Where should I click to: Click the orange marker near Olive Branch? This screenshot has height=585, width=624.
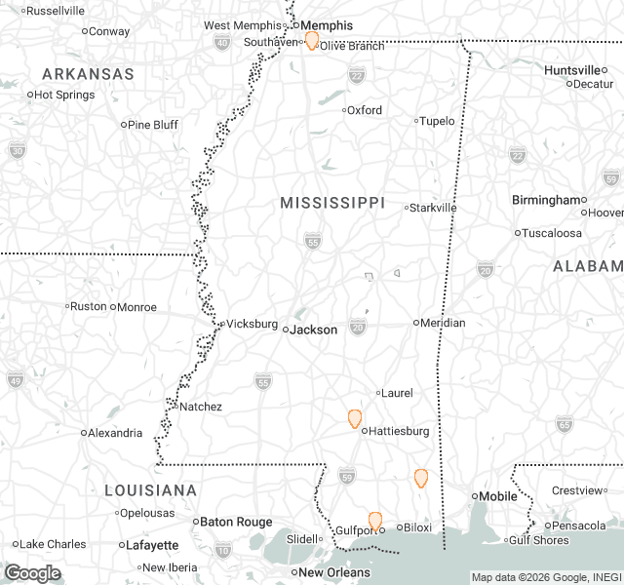[x=312, y=40]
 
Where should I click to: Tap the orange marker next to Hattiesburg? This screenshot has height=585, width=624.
[x=355, y=419]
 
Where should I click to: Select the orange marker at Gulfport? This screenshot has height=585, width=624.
[x=375, y=522]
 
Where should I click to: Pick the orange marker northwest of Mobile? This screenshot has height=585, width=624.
[x=421, y=478]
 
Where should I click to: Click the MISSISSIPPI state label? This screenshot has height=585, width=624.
[x=332, y=202]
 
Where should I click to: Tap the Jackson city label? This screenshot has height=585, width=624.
[x=315, y=330]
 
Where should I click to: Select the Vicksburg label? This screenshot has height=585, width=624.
[x=252, y=323]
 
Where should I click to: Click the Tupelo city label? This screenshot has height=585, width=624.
[x=437, y=121]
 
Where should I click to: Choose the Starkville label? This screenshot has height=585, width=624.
[x=433, y=208]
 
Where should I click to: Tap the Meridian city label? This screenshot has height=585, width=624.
[x=443, y=323]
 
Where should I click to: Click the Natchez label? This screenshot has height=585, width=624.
[x=200, y=407]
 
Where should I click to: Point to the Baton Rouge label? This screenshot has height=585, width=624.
[x=237, y=522]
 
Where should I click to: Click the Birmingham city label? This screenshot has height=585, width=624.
[x=546, y=200]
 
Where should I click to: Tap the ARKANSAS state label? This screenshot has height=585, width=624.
[x=88, y=74]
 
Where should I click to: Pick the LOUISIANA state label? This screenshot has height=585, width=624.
[x=151, y=489]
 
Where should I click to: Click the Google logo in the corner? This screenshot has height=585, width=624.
[x=32, y=572]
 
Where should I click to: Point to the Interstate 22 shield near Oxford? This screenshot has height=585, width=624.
[x=357, y=75]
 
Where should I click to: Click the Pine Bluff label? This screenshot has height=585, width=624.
[x=152, y=125]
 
